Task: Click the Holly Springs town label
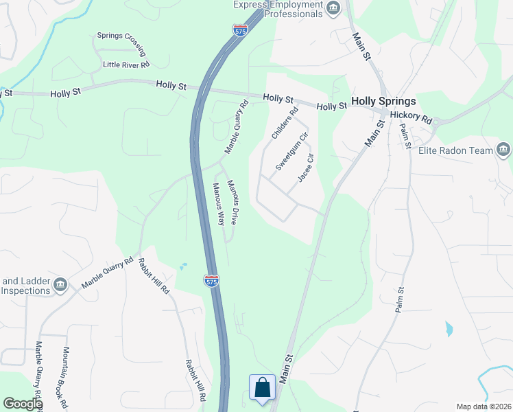383,101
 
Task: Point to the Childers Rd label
285,124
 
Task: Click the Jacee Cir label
306,168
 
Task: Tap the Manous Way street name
218,205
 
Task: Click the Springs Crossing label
121,43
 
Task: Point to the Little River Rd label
126,65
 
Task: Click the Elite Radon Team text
460,150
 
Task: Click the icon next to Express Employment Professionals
334,8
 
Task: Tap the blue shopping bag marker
262,388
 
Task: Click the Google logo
23,404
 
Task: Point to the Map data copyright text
484,407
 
